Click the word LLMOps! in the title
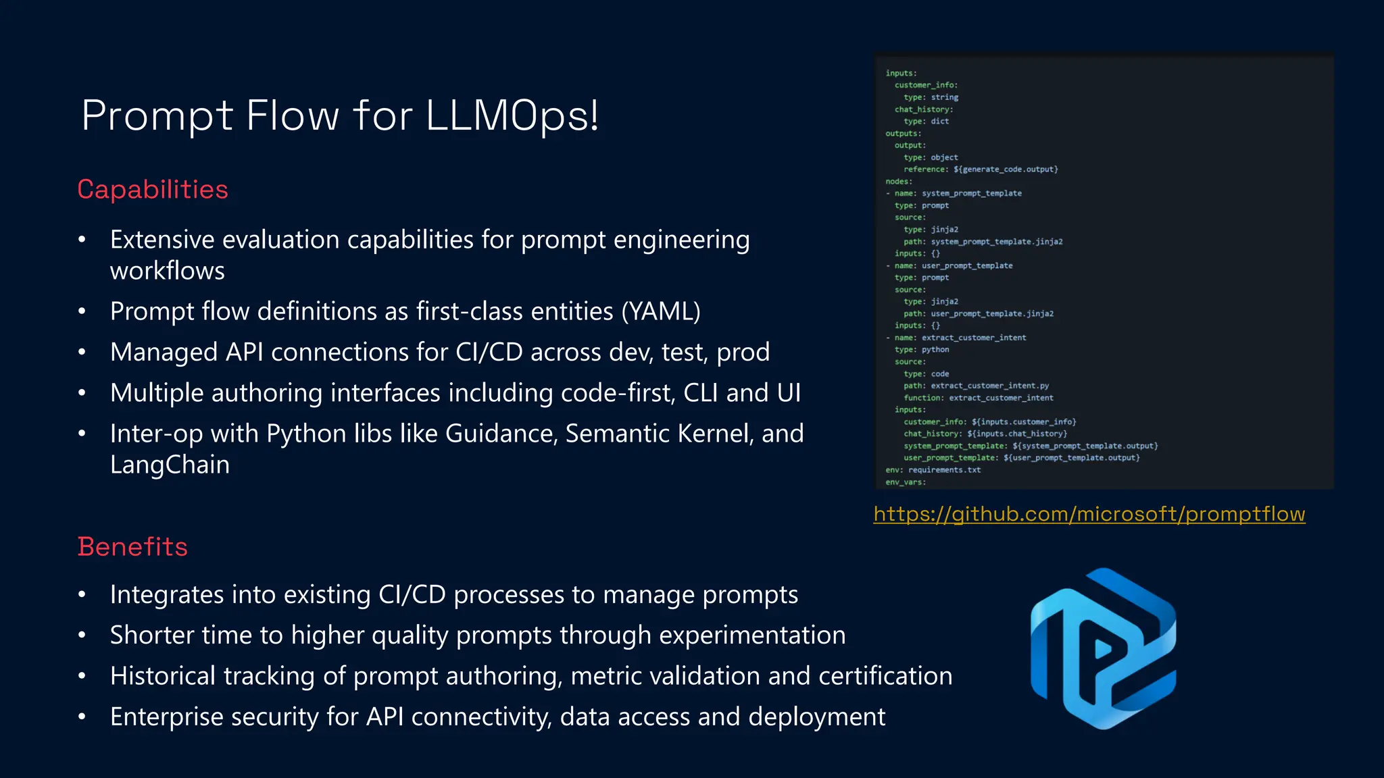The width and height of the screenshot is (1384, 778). tap(512, 116)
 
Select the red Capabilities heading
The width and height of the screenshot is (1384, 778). tap(153, 190)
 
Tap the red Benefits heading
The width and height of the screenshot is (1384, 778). tap(132, 547)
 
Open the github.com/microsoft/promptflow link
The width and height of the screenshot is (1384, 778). tap(1089, 514)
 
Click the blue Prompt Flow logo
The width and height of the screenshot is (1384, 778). tap(1103, 648)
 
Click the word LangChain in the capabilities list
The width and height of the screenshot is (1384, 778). tap(170, 465)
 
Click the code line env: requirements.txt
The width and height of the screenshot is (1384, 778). tap(933, 470)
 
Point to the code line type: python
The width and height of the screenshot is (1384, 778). tap(922, 350)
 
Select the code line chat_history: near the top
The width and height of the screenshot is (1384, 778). tap(924, 109)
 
